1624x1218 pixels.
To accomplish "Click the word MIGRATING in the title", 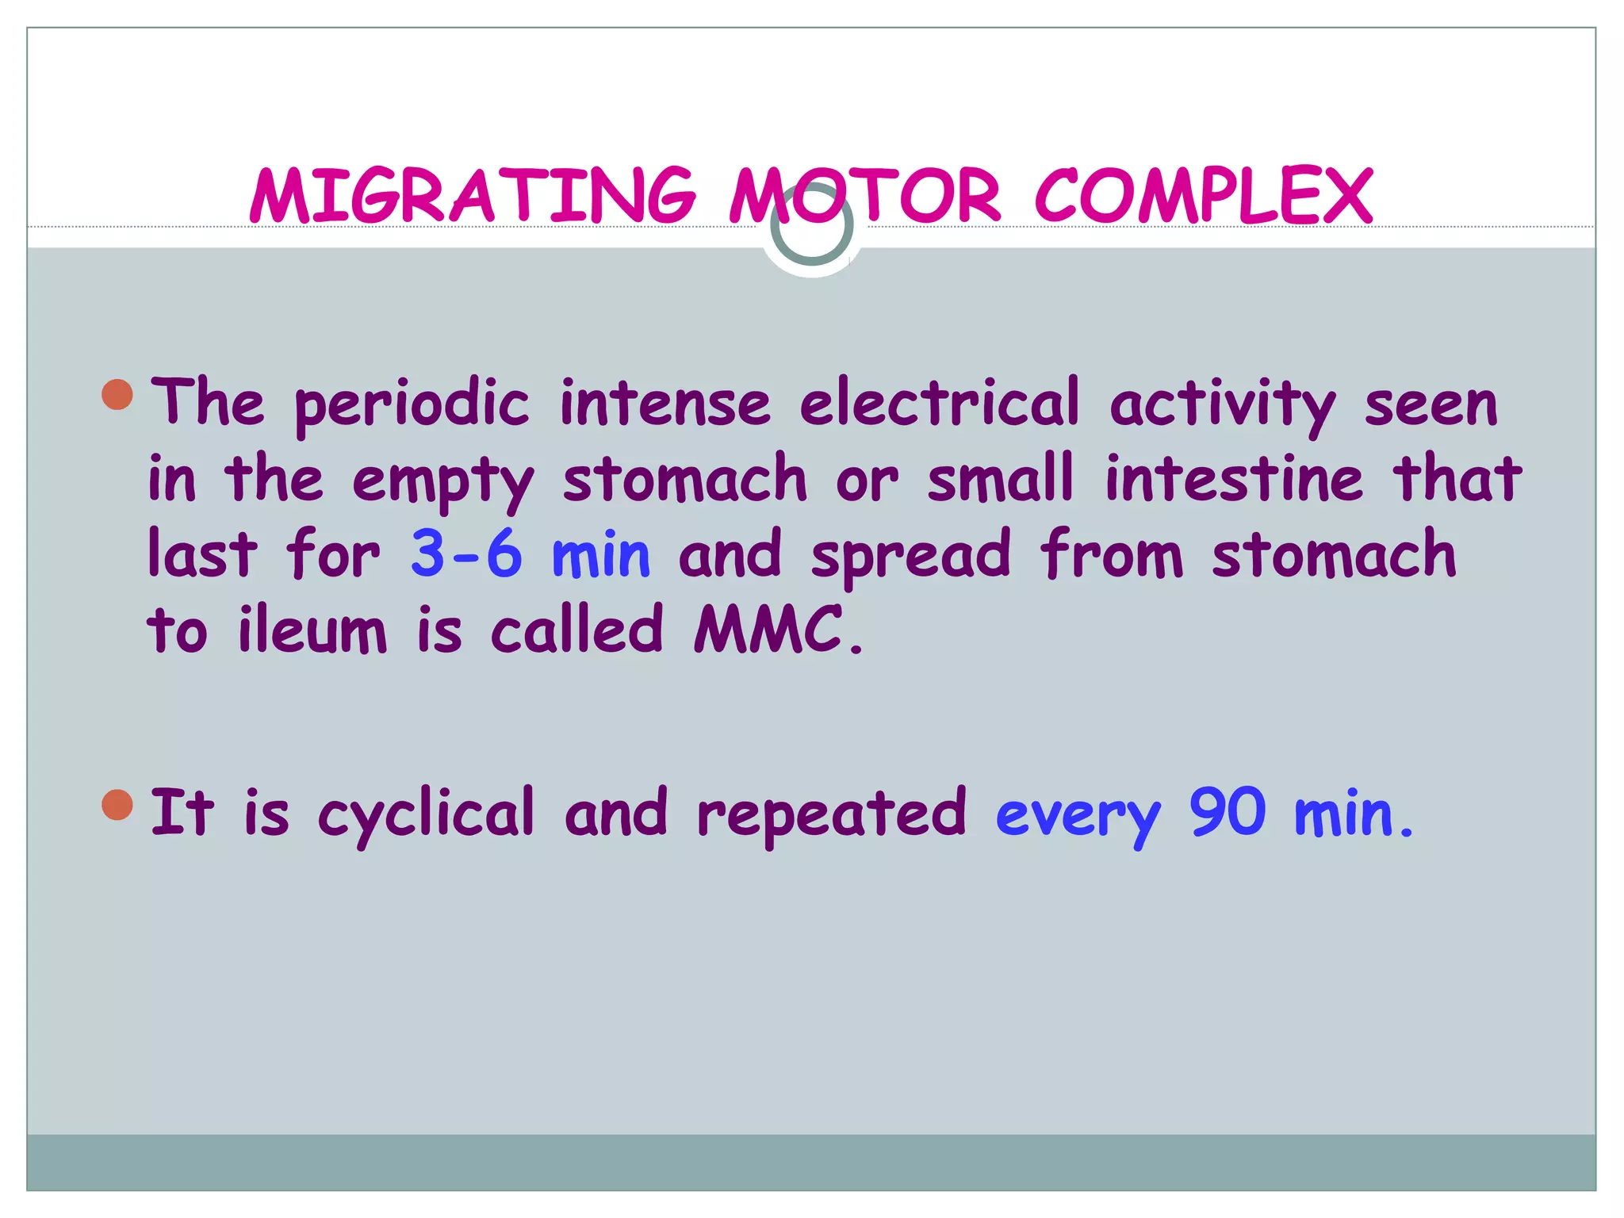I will tap(473, 195).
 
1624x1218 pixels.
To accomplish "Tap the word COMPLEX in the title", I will tap(1204, 195).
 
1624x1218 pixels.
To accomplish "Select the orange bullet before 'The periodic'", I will tap(118, 394).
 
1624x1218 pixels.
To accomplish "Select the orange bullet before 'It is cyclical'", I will tap(118, 805).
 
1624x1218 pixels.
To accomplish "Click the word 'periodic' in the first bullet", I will tap(412, 404).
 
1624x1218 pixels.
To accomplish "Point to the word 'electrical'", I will tap(940, 403).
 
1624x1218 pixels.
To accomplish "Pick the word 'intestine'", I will tap(1234, 479).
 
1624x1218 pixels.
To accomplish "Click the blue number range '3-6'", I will tap(466, 554).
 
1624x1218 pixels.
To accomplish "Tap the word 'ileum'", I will tap(312, 630).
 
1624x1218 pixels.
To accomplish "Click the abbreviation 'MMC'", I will tap(768, 630).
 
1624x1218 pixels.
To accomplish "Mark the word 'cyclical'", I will tap(427, 814).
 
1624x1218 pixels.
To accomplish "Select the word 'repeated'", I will tap(832, 814).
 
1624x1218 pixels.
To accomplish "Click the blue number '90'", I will tap(1227, 812).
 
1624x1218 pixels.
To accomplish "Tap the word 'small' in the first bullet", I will tap(1001, 479).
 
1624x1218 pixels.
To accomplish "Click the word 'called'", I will tap(576, 630).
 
